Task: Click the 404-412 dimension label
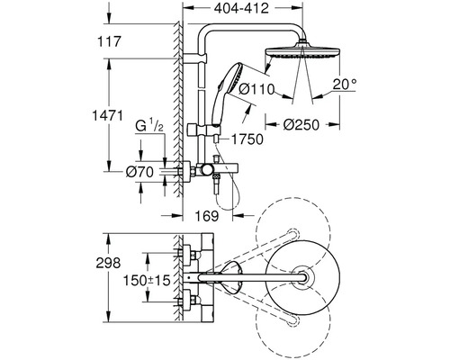tap(241, 8)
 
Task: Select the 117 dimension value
tap(109, 41)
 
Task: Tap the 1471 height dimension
tap(107, 115)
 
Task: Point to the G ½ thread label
tap(149, 125)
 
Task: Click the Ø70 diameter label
tap(139, 172)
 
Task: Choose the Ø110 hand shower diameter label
tap(256, 89)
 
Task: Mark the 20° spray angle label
tap(345, 85)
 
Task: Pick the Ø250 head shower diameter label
tap(301, 125)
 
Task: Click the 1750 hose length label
tap(247, 139)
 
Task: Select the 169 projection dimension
tap(207, 215)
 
